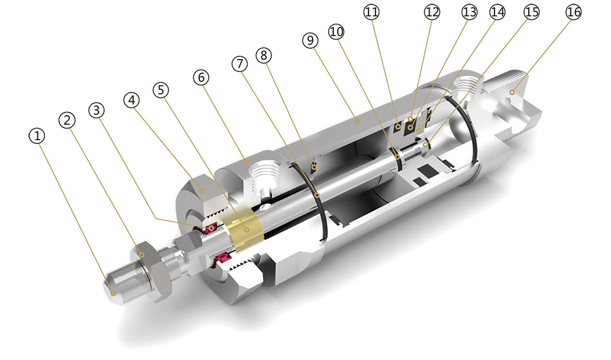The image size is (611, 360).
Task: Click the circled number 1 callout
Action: click(x=38, y=136)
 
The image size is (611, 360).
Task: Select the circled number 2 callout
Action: click(x=68, y=120)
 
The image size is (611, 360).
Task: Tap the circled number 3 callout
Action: click(x=97, y=110)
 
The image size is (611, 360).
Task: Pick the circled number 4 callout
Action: click(x=131, y=100)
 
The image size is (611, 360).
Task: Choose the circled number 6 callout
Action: click(x=201, y=76)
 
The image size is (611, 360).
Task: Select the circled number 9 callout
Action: click(x=311, y=40)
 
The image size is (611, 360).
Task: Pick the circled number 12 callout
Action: click(x=432, y=12)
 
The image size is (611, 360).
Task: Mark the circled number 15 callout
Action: click(x=531, y=12)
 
